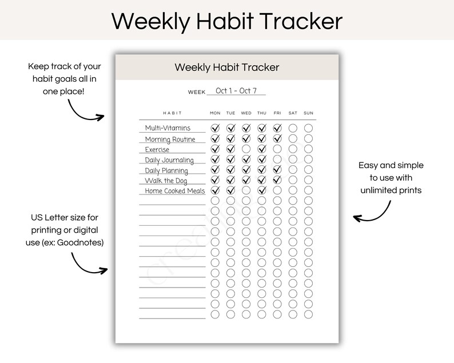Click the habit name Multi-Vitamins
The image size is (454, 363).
pyautogui.click(x=168, y=128)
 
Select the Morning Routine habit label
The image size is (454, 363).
pyautogui.click(x=170, y=139)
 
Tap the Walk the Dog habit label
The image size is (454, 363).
pyautogui.click(x=166, y=181)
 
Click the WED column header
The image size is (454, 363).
pyautogui.click(x=246, y=113)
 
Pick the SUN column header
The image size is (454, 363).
pyautogui.click(x=309, y=113)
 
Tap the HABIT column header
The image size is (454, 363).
pyautogui.click(x=172, y=113)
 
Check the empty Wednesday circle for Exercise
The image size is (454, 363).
pyautogui.click(x=246, y=149)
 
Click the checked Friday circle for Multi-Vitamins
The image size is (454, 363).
pyautogui.click(x=277, y=128)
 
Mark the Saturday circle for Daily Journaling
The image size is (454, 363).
pyautogui.click(x=293, y=159)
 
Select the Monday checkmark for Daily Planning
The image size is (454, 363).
pyautogui.click(x=215, y=170)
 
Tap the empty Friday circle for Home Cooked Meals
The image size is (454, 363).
pyautogui.click(x=277, y=190)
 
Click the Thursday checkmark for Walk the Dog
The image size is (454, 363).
pyautogui.click(x=262, y=180)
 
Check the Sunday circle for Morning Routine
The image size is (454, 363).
pyautogui.click(x=309, y=138)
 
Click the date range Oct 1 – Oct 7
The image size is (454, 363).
pyautogui.click(x=236, y=91)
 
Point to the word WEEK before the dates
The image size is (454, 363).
pyautogui.click(x=197, y=92)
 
